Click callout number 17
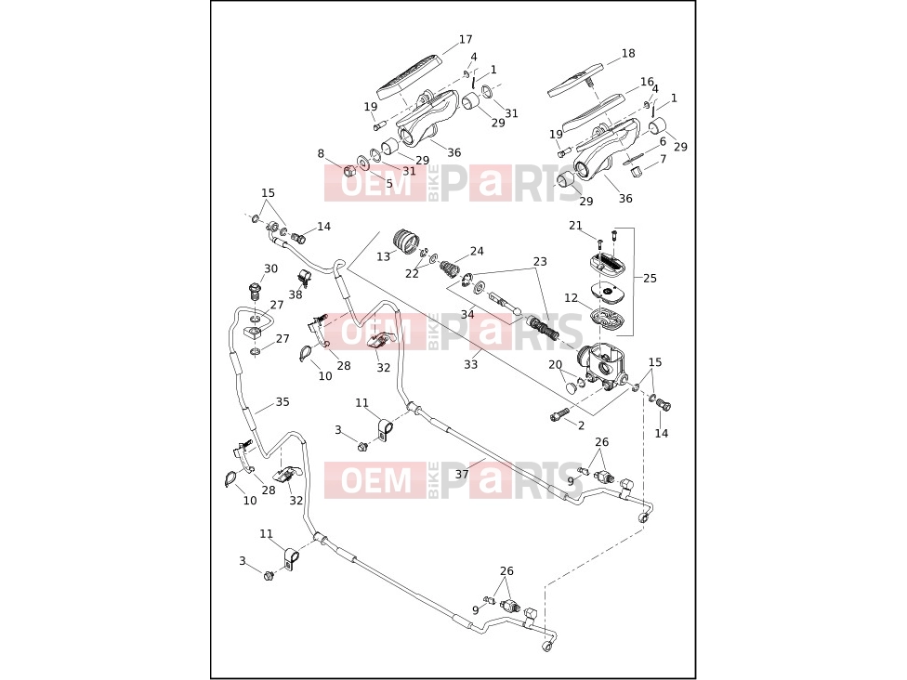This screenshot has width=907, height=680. tap(466, 39)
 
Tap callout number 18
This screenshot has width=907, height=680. tap(628, 53)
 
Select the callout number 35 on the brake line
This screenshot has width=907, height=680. tap(283, 402)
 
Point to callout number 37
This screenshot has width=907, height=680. tap(462, 474)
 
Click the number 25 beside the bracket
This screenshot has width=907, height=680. tap(651, 278)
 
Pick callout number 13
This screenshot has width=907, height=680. tap(384, 256)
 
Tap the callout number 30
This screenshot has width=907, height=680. tap(270, 268)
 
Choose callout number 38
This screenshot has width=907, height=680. tap(296, 294)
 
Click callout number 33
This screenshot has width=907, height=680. tap(471, 365)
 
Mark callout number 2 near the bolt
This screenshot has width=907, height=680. tap(582, 425)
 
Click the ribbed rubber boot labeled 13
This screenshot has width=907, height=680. tap(408, 242)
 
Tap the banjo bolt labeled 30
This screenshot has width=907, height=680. tap(254, 290)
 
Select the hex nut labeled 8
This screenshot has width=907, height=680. tap(348, 171)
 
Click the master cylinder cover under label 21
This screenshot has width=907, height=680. tap(608, 263)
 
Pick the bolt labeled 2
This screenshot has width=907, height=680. tap(559, 414)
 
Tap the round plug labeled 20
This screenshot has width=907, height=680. tap(571, 386)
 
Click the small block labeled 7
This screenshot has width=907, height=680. tap(636, 172)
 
